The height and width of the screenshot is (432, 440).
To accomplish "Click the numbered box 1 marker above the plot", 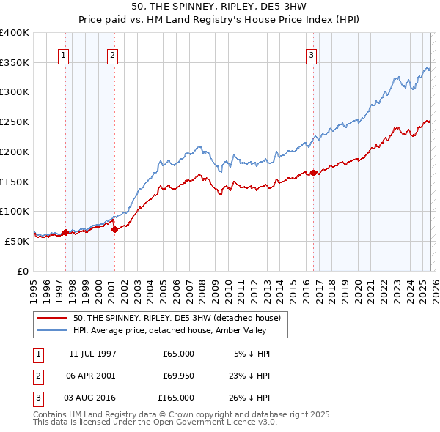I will click(x=63, y=54).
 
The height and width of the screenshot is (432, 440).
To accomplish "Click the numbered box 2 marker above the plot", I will click(x=112, y=54).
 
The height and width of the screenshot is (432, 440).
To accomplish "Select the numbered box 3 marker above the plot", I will click(x=312, y=54).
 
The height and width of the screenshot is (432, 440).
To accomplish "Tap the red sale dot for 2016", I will click(x=313, y=173).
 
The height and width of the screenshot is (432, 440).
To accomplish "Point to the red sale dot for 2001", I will click(x=114, y=229).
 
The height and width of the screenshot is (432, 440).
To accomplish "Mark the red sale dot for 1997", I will click(x=65, y=232).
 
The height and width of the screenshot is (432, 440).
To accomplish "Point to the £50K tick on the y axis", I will click(x=18, y=241).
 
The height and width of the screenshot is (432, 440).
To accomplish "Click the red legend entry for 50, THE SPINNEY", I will click(x=176, y=318).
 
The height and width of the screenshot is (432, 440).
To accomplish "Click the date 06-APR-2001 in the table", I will click(x=92, y=376).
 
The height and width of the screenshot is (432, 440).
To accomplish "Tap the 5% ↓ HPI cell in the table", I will click(x=252, y=354).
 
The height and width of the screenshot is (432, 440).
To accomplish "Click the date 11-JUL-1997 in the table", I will click(x=92, y=354).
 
